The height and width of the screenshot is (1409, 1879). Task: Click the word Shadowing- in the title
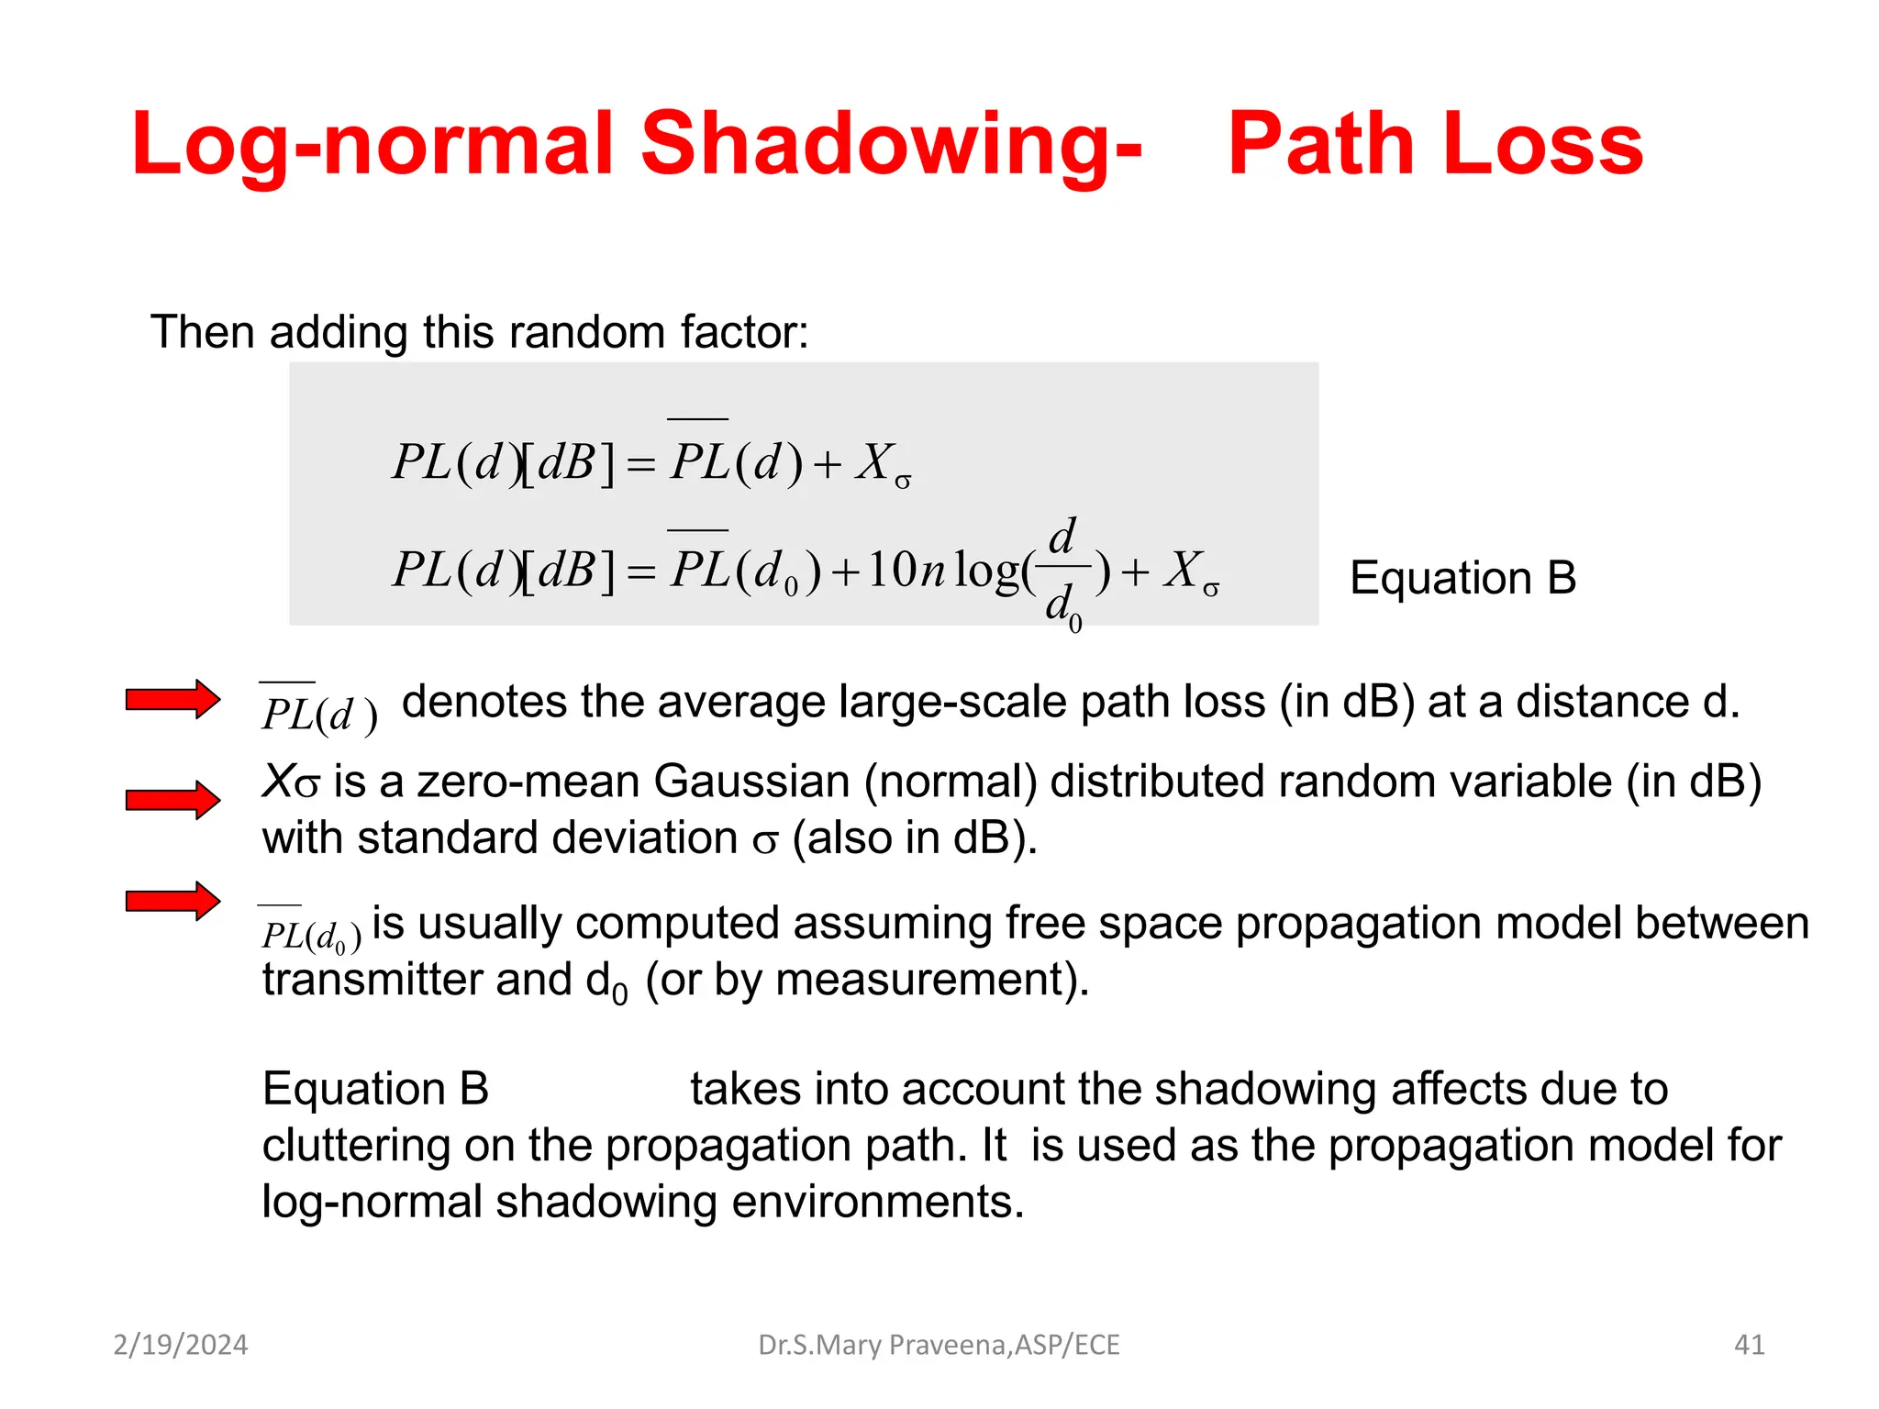click(x=890, y=144)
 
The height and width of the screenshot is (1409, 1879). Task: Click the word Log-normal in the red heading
click(x=372, y=144)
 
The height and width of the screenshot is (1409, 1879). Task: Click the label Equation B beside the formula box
click(x=1462, y=578)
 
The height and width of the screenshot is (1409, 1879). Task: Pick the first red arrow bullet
click(x=172, y=700)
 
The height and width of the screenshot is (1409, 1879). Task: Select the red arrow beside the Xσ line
click(x=172, y=800)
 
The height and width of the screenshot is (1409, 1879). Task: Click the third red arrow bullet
click(x=172, y=901)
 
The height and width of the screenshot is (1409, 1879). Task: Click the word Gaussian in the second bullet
click(x=751, y=782)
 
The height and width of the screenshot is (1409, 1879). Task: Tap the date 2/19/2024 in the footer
click(x=180, y=1345)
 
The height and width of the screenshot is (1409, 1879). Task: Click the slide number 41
click(x=1749, y=1345)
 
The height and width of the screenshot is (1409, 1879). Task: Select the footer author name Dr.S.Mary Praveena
click(x=882, y=1345)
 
